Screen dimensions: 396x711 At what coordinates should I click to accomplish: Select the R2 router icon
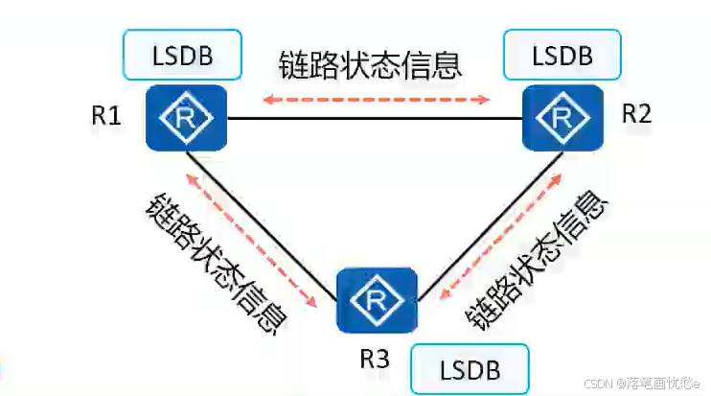point(562,118)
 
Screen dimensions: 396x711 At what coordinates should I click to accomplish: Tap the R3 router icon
point(377,300)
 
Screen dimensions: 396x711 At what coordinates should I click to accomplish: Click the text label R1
point(106,116)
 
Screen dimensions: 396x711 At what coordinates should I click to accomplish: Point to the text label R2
point(636,113)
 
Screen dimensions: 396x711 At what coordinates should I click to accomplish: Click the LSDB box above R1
point(182,56)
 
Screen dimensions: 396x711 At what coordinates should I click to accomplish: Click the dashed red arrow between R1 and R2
point(378,98)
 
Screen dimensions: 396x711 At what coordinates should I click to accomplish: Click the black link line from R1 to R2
point(374,119)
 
